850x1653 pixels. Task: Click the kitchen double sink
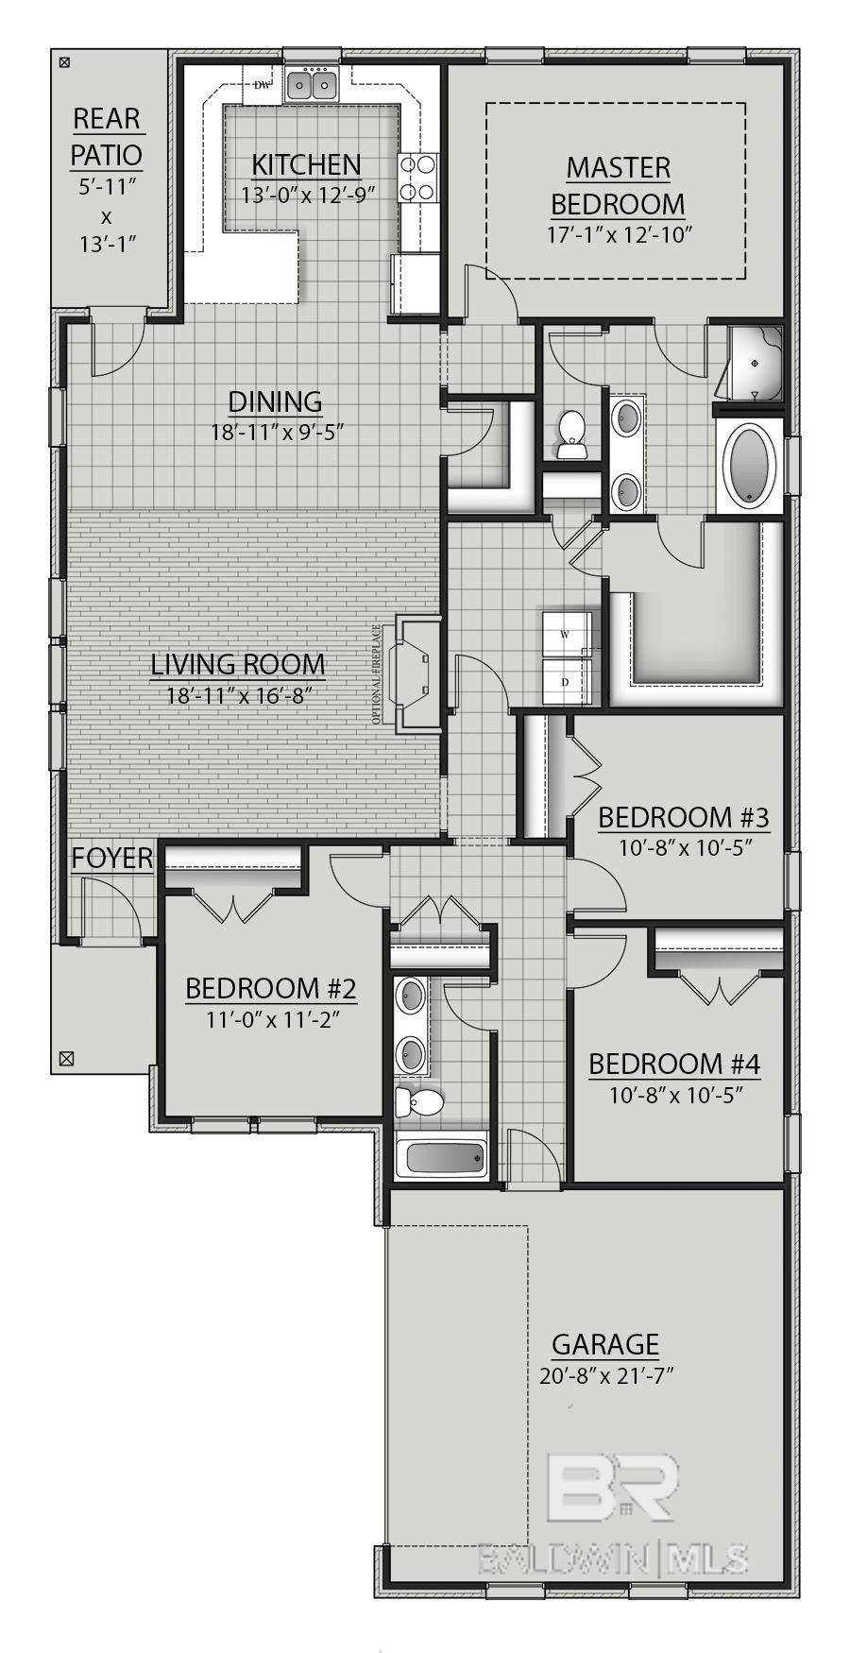[x=312, y=86]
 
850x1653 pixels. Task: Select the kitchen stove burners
[x=417, y=178]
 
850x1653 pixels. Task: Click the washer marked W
[x=566, y=635]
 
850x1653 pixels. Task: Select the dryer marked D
[x=566, y=681]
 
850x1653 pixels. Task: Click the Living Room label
[x=238, y=664]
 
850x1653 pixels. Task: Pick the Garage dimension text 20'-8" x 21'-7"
[x=605, y=1375]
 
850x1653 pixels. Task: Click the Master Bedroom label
[x=619, y=185]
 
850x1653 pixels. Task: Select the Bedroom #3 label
[x=684, y=817]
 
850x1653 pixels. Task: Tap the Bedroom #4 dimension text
[x=674, y=1095]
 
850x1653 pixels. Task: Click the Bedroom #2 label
[x=271, y=989]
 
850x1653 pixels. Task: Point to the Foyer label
[x=112, y=858]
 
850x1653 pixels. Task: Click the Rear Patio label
[x=107, y=137]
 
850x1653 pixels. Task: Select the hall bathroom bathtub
[x=441, y=1155]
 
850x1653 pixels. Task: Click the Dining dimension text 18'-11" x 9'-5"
[x=276, y=433]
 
